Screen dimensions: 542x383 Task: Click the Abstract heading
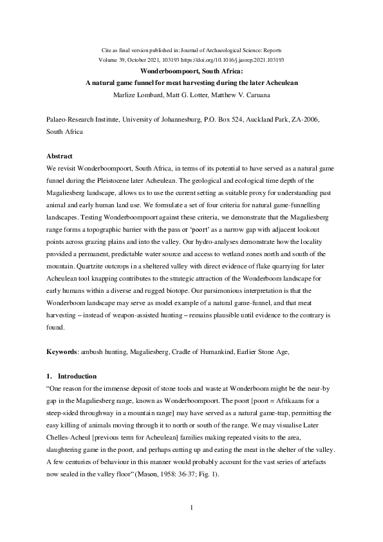60,156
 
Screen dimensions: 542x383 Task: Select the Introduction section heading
77,376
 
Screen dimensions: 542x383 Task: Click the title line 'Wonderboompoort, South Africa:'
191,71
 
